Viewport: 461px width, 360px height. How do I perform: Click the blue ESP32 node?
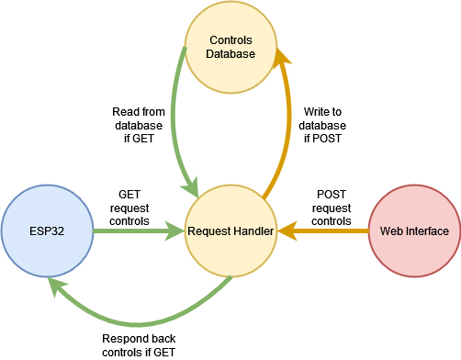click(47, 231)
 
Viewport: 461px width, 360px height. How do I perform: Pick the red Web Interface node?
click(414, 231)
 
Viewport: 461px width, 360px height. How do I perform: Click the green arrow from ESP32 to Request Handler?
click(138, 231)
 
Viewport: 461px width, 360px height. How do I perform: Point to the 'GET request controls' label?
click(129, 208)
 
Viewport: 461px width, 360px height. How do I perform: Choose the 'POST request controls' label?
click(332, 208)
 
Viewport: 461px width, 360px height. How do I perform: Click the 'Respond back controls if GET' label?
click(138, 344)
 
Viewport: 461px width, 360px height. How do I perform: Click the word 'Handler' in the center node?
click(253, 231)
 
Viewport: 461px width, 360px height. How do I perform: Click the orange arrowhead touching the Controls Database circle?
click(284, 58)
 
